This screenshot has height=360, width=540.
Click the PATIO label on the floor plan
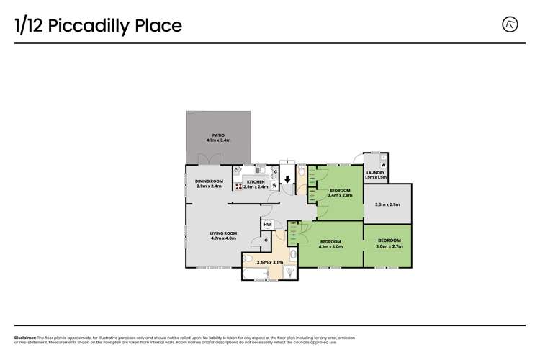coord(217,138)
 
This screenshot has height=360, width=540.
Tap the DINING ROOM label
coord(210,184)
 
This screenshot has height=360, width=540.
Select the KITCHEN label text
coord(256,184)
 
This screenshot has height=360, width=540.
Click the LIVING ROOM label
coord(223,235)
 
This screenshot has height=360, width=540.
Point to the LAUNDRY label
coord(375,175)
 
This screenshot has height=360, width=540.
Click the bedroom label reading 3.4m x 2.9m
coord(339,192)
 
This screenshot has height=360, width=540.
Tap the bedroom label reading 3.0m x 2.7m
coord(389,243)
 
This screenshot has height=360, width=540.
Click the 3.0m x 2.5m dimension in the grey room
coord(387,204)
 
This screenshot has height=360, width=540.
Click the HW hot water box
coord(267,225)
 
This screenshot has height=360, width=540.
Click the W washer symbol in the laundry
coord(383,165)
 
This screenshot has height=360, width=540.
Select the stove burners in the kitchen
coord(238,186)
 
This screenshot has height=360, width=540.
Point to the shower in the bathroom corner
coord(289,272)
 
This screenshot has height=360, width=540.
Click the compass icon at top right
coord(510,24)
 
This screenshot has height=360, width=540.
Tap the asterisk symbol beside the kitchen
coord(274,186)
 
